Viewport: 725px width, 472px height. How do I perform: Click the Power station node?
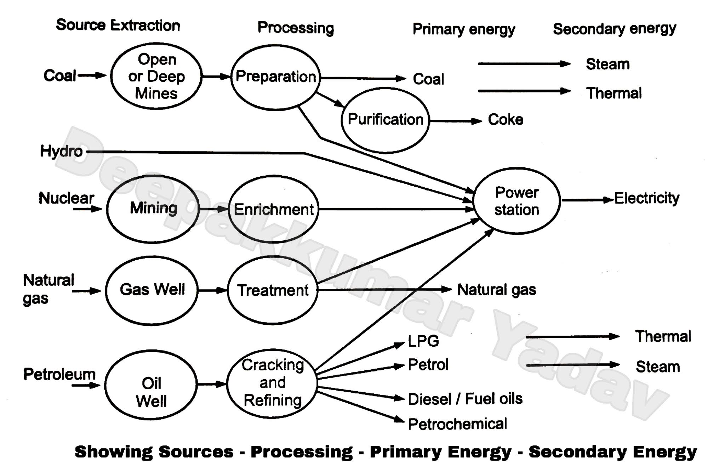[516, 201]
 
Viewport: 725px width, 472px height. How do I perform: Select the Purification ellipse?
[385, 120]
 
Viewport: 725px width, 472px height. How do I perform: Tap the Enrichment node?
[273, 209]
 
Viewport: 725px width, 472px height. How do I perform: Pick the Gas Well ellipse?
[152, 290]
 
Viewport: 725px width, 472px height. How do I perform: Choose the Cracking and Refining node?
[272, 383]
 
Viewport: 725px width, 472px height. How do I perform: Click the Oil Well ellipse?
[151, 385]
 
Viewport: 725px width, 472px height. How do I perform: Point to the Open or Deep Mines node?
[156, 76]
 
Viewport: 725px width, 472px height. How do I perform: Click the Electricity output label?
[646, 198]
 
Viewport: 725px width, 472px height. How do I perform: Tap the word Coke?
[505, 120]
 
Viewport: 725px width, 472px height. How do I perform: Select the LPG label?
[423, 341]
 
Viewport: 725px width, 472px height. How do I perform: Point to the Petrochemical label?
[457, 424]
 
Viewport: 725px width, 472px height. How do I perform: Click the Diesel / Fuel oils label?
[465, 399]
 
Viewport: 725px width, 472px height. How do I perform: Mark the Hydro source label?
[61, 151]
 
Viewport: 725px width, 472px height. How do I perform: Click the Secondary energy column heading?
[614, 29]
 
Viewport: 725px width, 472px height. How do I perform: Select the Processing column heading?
[296, 28]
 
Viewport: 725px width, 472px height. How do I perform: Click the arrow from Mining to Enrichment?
[213, 209]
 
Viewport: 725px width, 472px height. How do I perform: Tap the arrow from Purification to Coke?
[455, 121]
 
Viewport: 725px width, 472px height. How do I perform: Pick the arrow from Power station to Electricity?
[587, 200]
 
